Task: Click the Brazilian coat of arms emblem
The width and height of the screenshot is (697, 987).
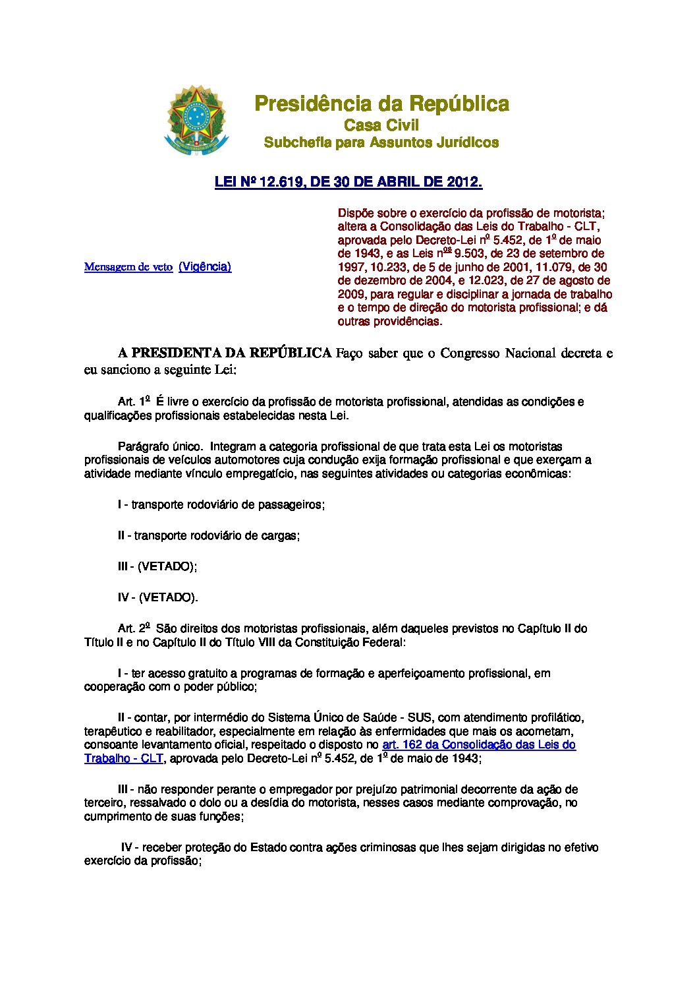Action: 196,119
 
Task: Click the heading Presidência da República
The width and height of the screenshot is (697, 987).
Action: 381,104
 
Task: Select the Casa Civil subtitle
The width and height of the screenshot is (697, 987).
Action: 381,125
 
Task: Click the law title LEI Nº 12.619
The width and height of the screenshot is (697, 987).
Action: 348,183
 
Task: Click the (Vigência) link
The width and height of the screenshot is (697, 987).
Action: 205,266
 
